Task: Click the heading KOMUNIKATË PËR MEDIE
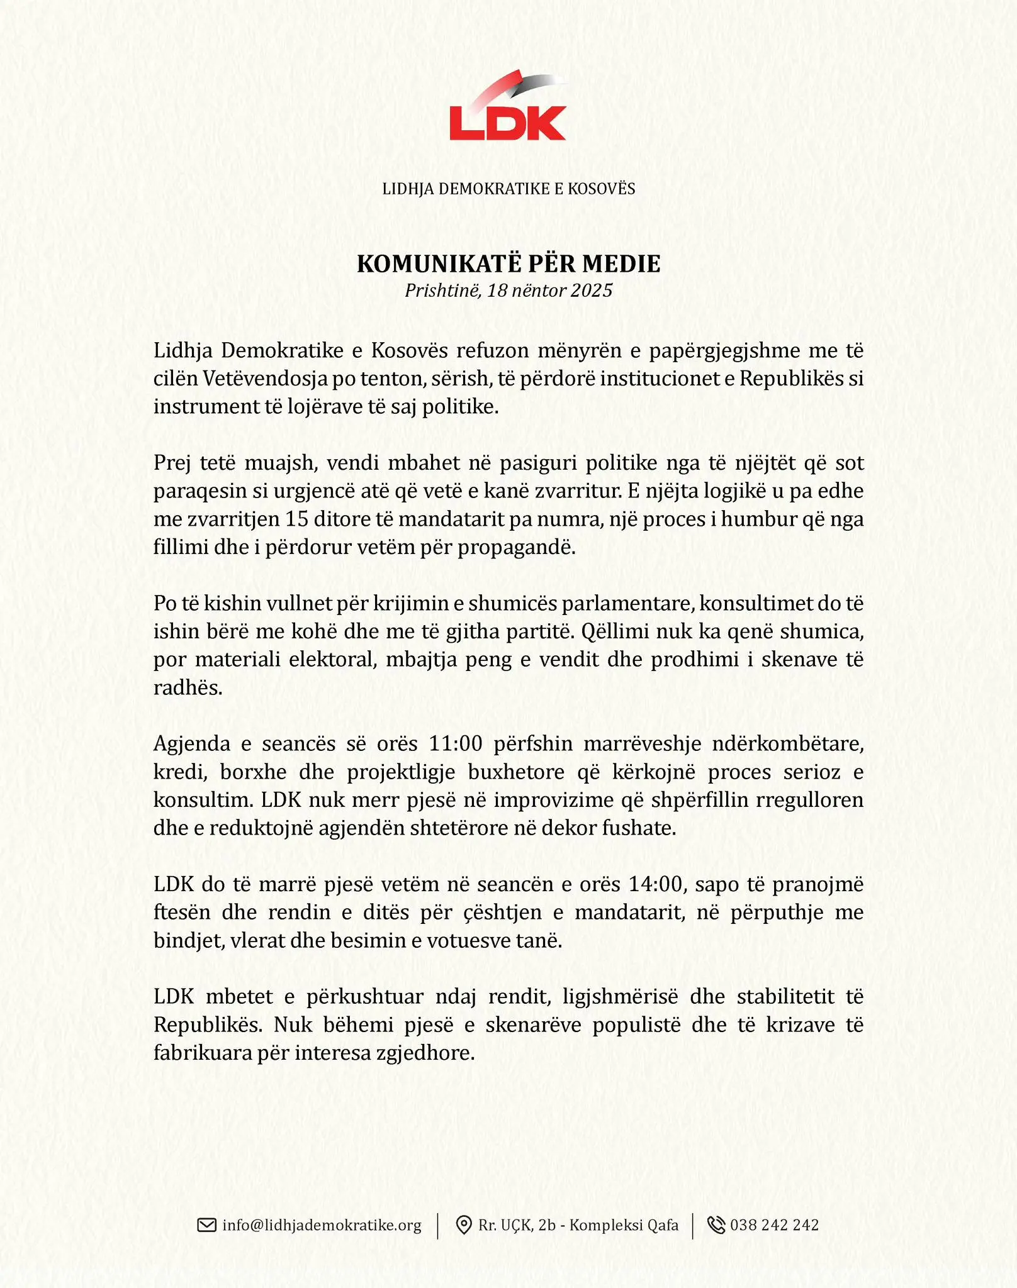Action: pyautogui.click(x=508, y=264)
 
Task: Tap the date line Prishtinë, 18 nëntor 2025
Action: pyautogui.click(x=508, y=291)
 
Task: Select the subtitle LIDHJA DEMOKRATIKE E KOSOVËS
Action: pyautogui.click(x=508, y=189)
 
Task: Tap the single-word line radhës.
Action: pyautogui.click(x=188, y=687)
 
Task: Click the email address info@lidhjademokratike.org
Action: pyautogui.click(x=322, y=1225)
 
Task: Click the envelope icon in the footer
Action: pyautogui.click(x=206, y=1225)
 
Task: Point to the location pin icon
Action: pyautogui.click(x=464, y=1225)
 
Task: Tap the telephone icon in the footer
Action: pyautogui.click(x=716, y=1225)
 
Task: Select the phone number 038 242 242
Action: pyautogui.click(x=774, y=1225)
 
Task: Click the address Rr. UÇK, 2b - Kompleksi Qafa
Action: pyautogui.click(x=578, y=1225)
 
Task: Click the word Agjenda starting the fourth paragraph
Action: pyautogui.click(x=192, y=744)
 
